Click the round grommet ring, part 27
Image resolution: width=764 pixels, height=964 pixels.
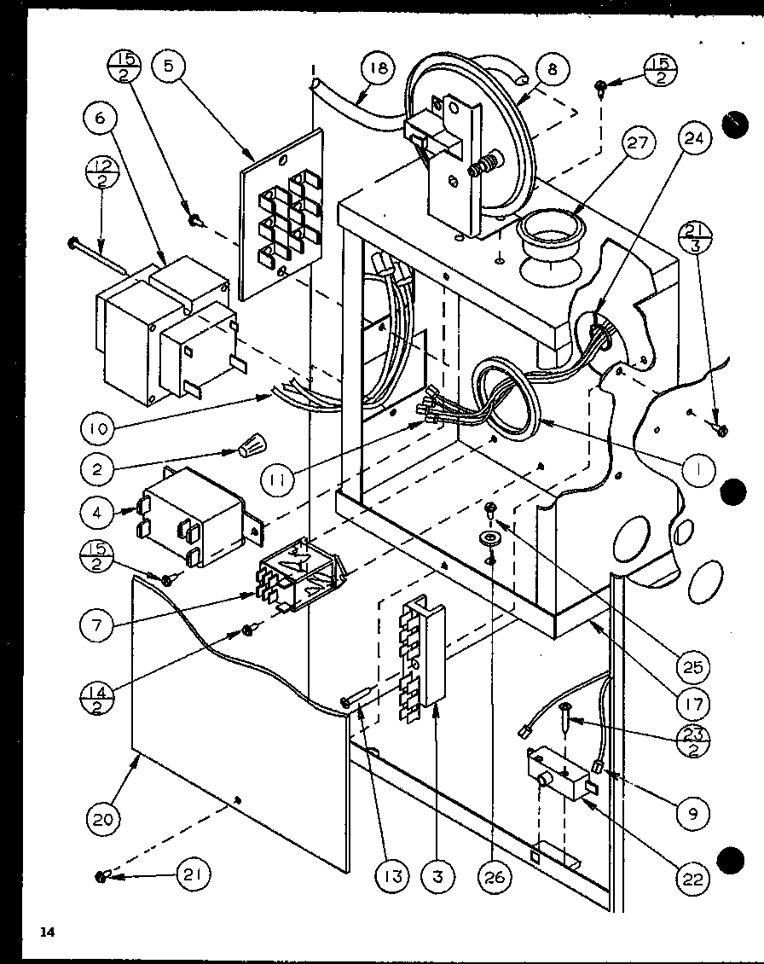pos(552,230)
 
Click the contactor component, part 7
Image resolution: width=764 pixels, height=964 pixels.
pos(300,576)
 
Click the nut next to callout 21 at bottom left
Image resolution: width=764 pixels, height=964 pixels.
pos(101,876)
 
